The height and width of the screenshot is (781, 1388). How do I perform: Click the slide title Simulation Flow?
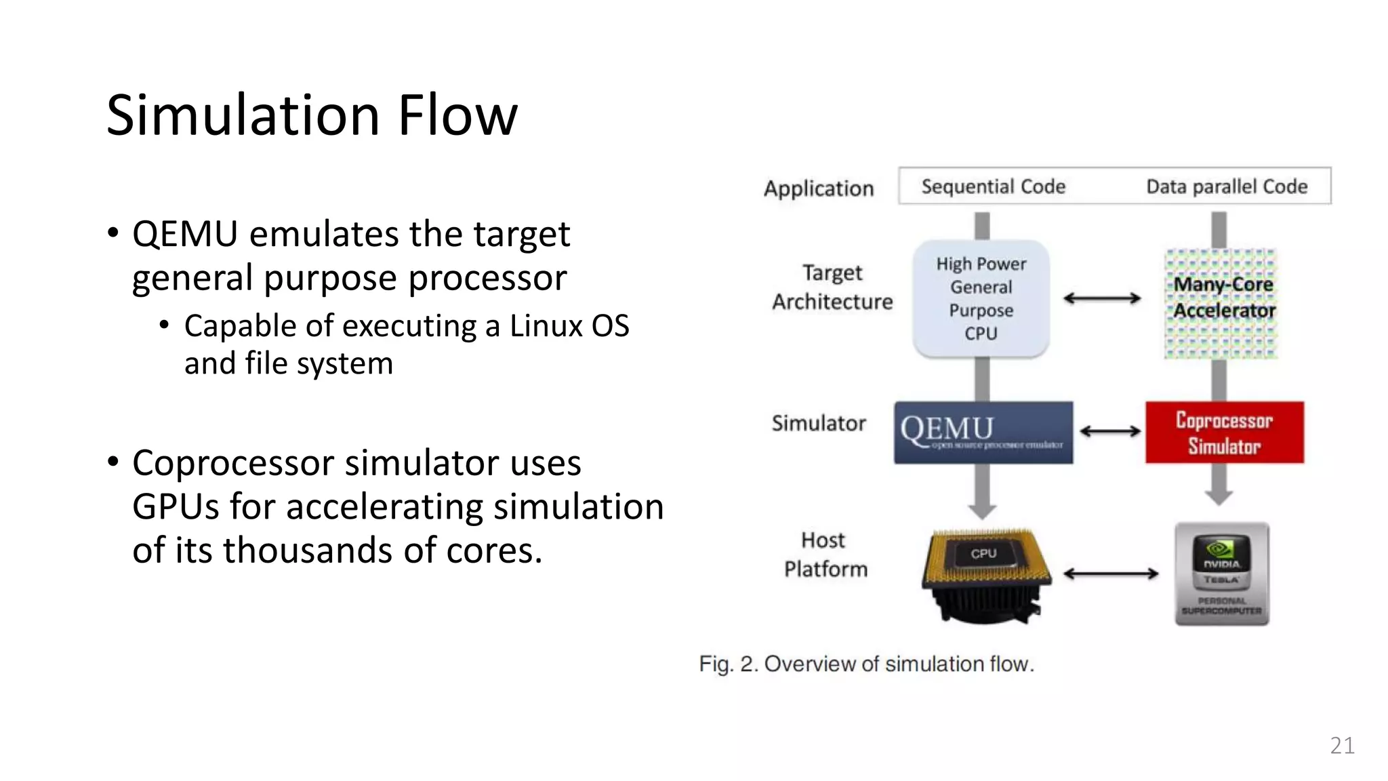pos(312,115)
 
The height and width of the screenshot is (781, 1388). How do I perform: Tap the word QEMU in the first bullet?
pos(184,235)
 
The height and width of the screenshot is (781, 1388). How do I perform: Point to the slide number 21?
pos(1342,745)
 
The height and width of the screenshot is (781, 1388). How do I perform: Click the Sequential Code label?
pos(993,186)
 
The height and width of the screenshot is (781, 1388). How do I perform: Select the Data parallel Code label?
pos(1227,186)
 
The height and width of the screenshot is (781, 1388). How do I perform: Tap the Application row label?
pos(819,188)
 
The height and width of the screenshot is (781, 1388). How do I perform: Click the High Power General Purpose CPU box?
pos(981,298)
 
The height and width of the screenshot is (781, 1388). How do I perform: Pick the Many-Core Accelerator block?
pos(1222,302)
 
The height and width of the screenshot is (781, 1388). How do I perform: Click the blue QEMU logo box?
pos(983,433)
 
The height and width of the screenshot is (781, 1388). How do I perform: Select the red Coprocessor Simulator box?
pos(1224,433)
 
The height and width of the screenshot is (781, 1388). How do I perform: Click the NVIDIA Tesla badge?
pos(1222,574)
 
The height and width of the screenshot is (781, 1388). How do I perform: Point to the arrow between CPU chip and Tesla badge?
pos(1111,574)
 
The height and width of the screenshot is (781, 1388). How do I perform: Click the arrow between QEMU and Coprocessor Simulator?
pos(1109,431)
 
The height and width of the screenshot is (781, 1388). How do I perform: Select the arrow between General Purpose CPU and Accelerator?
pos(1102,298)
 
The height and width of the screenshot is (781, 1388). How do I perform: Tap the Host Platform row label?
pos(825,555)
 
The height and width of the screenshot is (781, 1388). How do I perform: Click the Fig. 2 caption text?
pos(866,664)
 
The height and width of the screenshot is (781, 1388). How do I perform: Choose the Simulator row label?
pos(819,424)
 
